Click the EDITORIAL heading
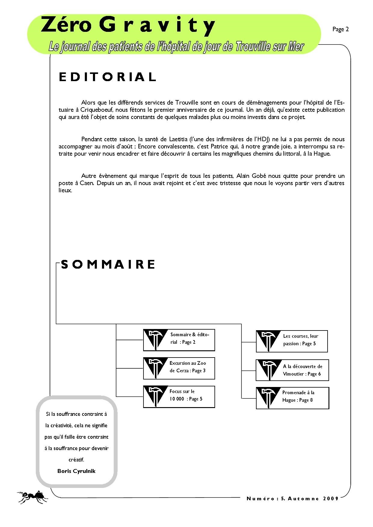point(107,77)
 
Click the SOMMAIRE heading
point(108,264)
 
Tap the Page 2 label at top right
point(340,29)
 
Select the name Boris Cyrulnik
point(76,471)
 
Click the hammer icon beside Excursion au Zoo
point(155,367)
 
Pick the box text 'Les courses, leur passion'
point(300,340)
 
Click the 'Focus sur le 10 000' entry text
point(186,395)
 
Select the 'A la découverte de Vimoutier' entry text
point(302,370)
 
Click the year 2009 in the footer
point(331,498)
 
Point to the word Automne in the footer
point(303,498)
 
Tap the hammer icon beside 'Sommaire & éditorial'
point(155,340)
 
